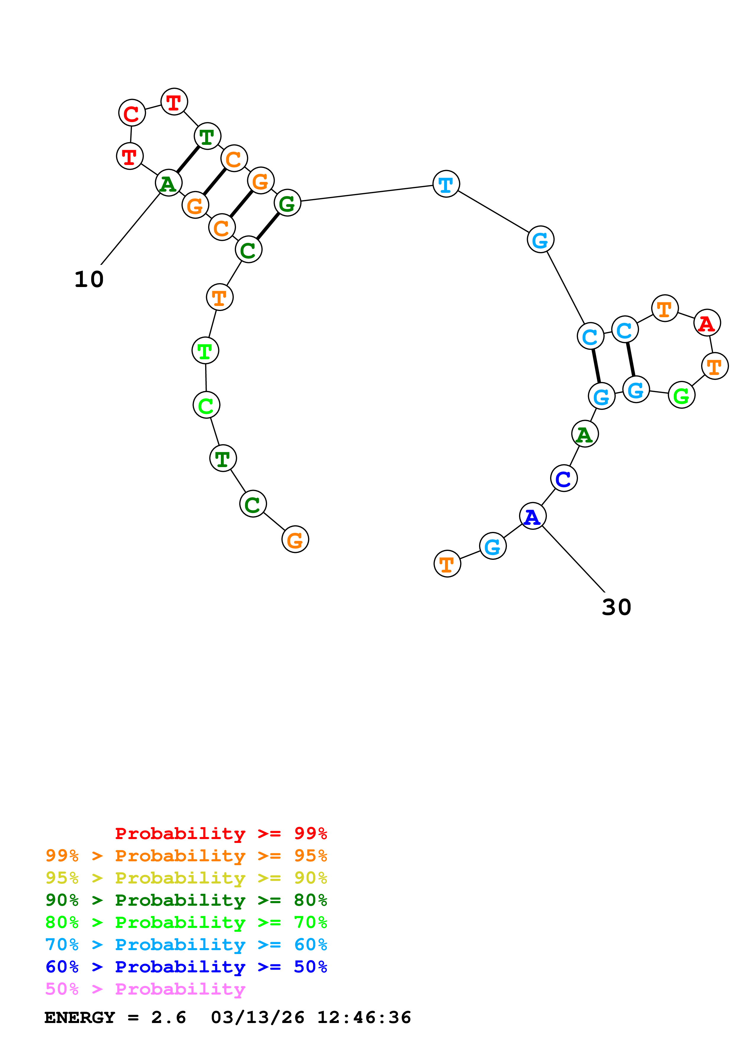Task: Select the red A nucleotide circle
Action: [x=706, y=323]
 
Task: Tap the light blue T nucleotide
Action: [x=446, y=184]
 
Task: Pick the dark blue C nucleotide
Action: [x=563, y=478]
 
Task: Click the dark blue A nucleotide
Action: [x=533, y=516]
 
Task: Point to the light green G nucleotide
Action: [x=681, y=395]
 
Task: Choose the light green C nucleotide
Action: [x=206, y=405]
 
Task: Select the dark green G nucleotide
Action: [x=287, y=203]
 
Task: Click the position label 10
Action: [x=89, y=279]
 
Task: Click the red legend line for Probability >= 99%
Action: [x=221, y=833]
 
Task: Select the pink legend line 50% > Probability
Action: [x=145, y=989]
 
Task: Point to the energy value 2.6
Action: [x=168, y=1017]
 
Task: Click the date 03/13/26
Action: [x=257, y=1017]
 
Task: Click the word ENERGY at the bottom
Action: [x=80, y=1017]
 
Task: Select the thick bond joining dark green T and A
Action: [x=188, y=159]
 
